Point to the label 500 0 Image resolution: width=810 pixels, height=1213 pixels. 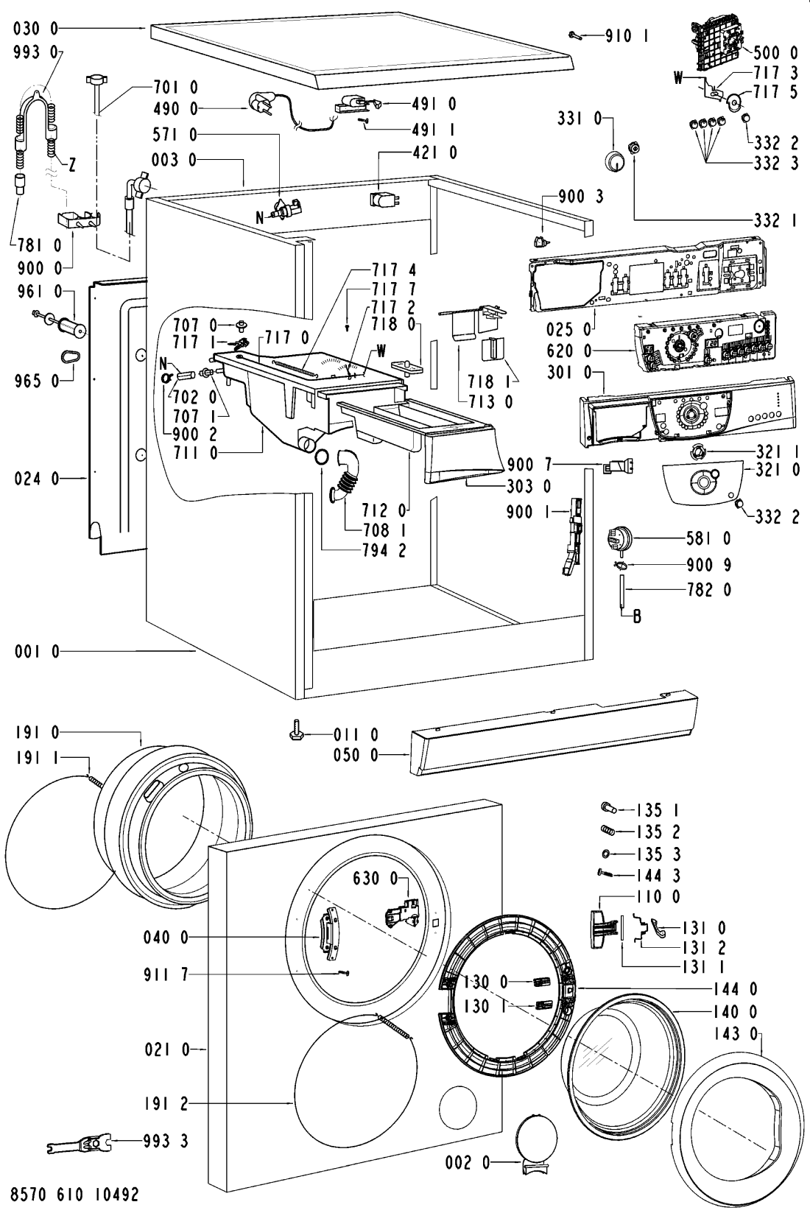click(x=775, y=53)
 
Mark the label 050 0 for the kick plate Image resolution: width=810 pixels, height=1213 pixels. click(x=359, y=755)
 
